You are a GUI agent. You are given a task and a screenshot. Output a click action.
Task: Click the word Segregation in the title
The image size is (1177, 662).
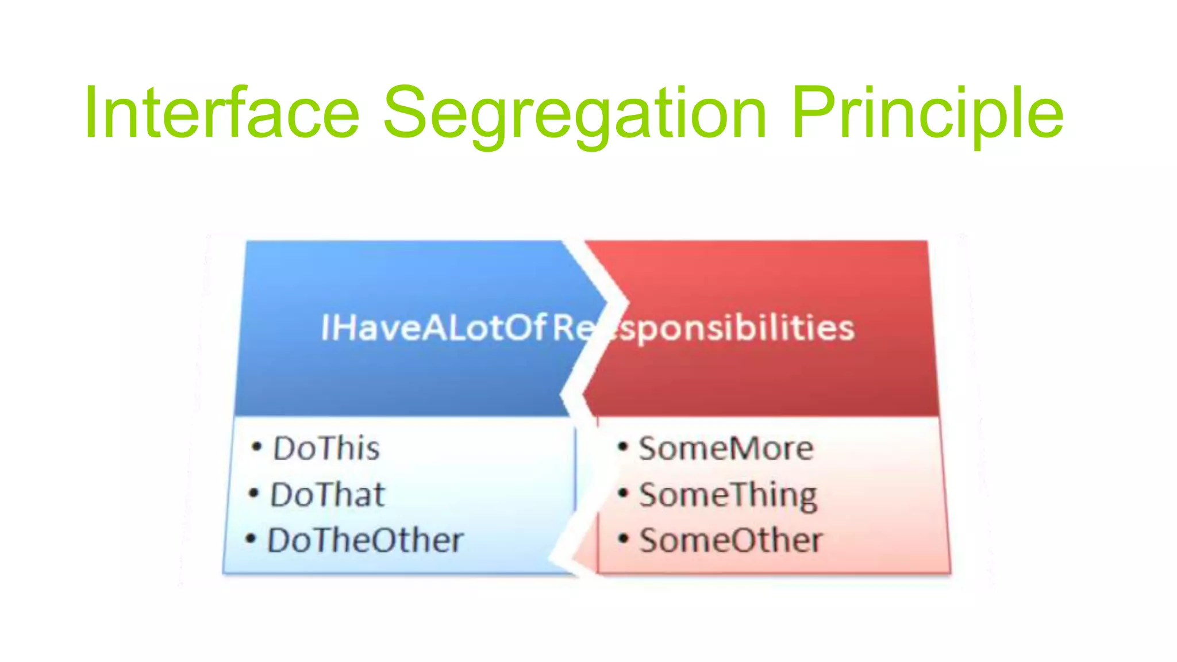coord(575,114)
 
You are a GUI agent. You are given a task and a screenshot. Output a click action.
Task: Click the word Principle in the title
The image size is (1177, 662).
coord(927,114)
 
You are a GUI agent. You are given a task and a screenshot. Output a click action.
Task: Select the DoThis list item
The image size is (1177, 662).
coord(326,448)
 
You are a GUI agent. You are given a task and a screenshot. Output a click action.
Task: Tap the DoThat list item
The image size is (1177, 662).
coord(328,494)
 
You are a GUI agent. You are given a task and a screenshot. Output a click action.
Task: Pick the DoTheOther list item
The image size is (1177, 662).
coord(366,540)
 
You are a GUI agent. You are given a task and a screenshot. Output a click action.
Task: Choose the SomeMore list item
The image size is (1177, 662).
coord(726,448)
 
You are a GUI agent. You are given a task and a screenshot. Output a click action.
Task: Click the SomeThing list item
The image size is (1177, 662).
coord(728,495)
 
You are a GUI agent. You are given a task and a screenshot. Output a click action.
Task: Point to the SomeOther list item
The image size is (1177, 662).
coord(731,540)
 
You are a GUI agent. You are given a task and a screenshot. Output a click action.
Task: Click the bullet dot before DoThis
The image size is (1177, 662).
coord(257,447)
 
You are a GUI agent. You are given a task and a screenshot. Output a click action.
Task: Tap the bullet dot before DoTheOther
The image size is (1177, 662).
coord(251,538)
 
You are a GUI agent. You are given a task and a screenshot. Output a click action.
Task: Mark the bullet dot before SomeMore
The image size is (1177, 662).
coord(623,447)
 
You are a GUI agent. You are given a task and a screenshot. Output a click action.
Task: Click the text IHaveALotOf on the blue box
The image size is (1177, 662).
coord(432,328)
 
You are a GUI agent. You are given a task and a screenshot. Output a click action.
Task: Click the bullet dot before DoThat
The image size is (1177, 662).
coord(254,492)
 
